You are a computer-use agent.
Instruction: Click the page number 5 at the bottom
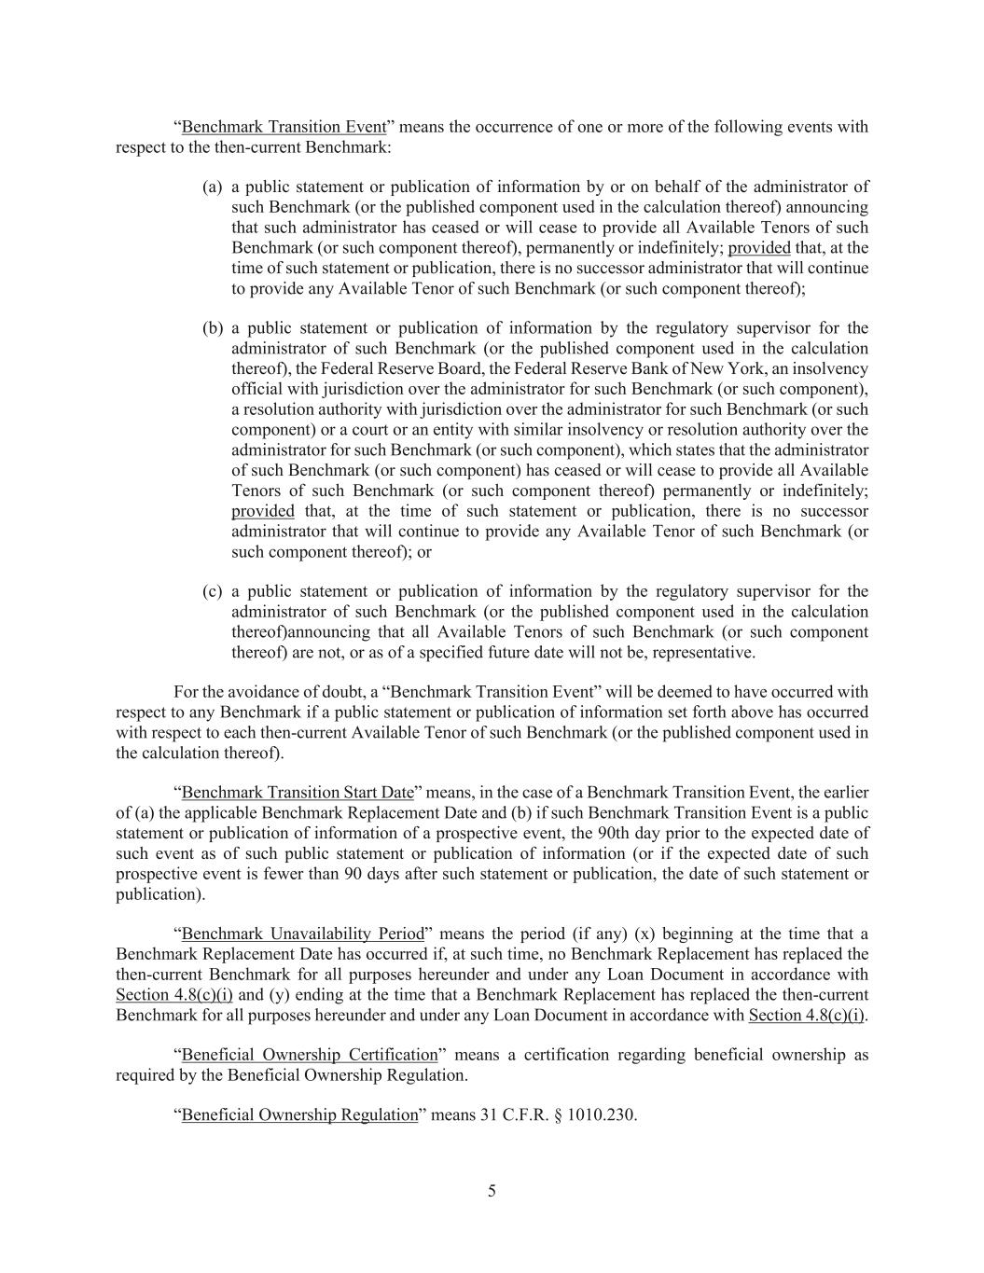pos(492,1191)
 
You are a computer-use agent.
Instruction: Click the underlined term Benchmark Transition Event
pos(284,127)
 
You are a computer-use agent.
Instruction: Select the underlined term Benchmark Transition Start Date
pos(298,793)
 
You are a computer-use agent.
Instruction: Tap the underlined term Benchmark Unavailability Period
pos(303,934)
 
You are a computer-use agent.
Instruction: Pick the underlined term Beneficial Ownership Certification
pos(310,1055)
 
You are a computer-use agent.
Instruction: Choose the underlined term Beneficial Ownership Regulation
pos(299,1115)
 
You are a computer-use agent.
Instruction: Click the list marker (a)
pos(213,187)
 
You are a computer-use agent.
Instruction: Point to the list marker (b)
pos(213,328)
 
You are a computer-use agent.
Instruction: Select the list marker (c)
pos(213,591)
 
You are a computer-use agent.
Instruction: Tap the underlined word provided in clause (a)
pos(758,248)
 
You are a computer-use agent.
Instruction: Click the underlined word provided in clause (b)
pos(262,511)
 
